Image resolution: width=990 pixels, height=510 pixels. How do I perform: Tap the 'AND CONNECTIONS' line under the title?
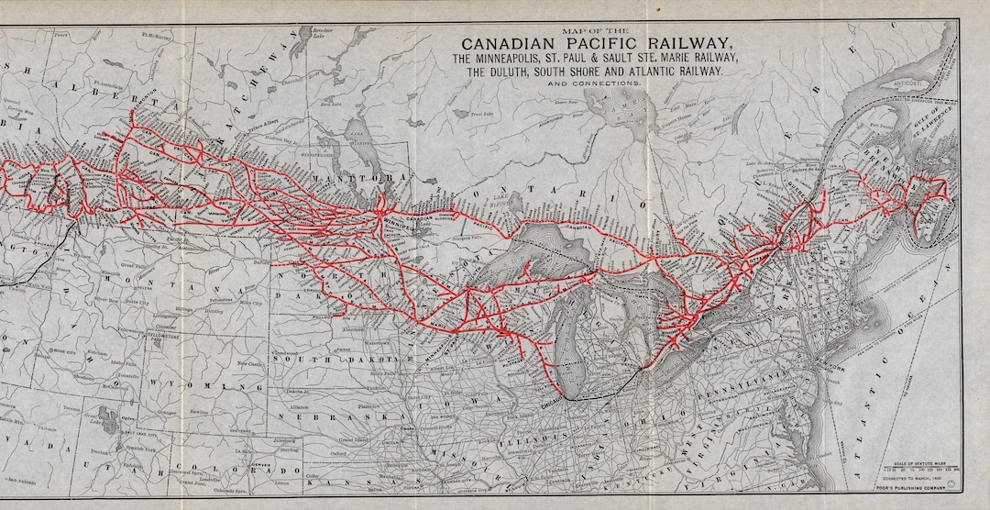[595, 83]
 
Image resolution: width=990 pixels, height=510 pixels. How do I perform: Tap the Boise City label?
[63, 349]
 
